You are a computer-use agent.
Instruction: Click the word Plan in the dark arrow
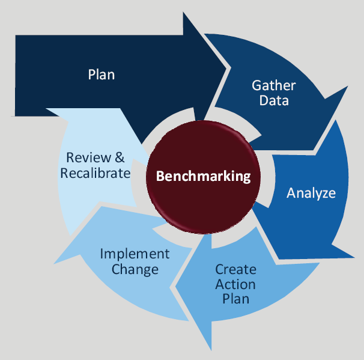101,75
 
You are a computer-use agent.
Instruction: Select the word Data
274,100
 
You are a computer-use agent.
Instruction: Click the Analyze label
311,193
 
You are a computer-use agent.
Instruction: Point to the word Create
235,269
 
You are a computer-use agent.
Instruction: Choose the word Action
235,284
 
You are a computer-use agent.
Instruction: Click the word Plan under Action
235,298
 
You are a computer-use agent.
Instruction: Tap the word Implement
135,254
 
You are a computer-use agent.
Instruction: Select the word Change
135,269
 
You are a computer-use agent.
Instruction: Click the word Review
89,158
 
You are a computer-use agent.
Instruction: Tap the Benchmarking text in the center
203,176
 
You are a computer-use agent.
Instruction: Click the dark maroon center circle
203,198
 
